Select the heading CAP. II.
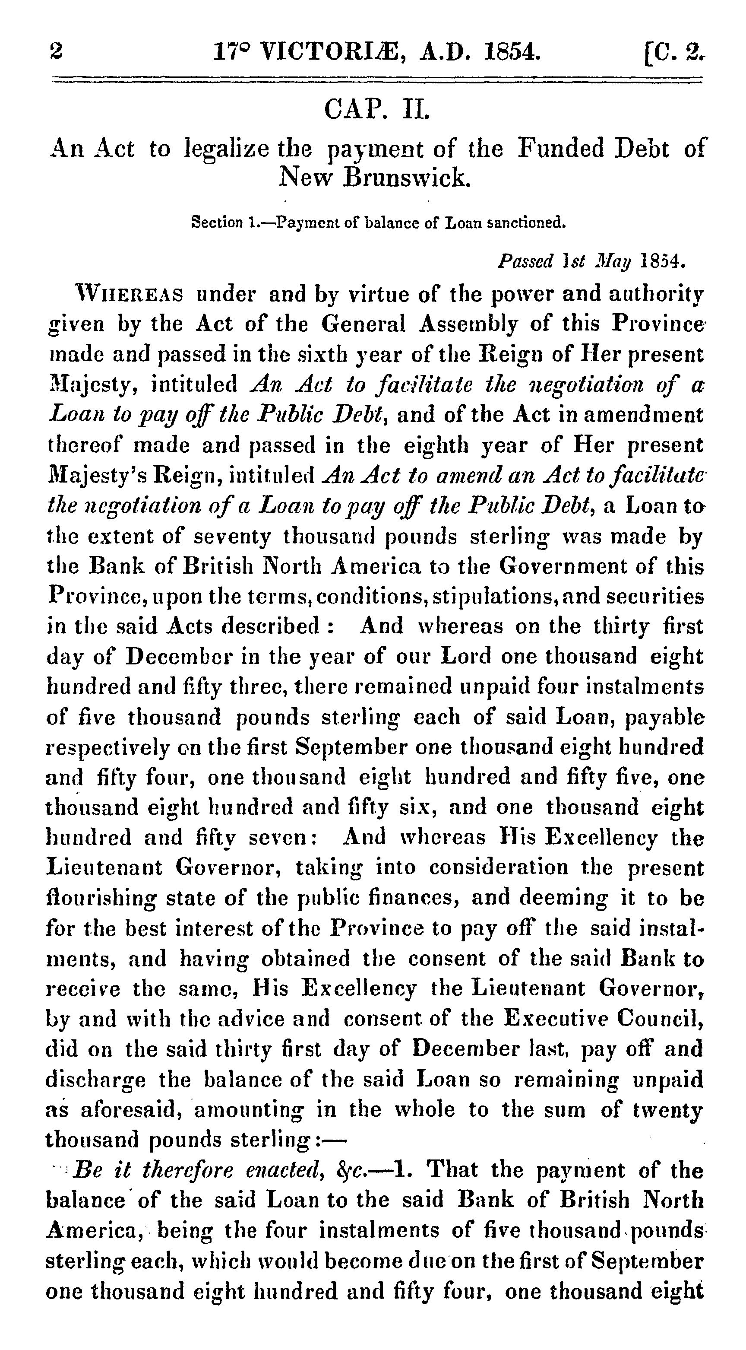[x=376, y=111]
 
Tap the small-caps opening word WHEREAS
[x=130, y=295]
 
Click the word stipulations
[x=491, y=597]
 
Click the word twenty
[x=670, y=1109]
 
